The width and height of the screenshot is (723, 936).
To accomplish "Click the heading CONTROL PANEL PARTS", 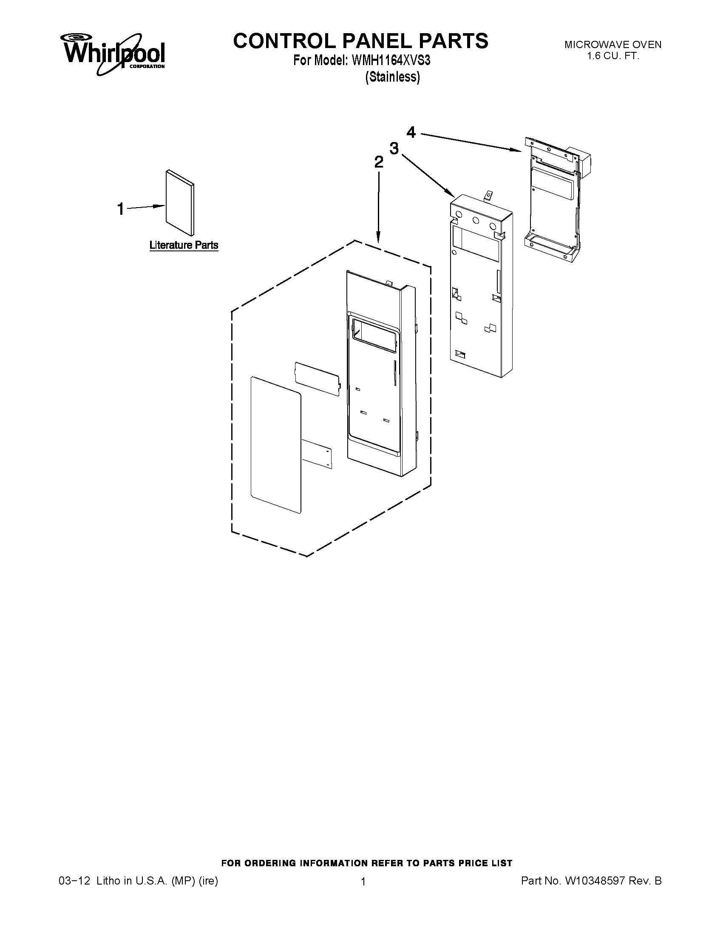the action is point(360,41).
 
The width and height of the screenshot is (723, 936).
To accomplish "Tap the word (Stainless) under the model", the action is point(392,77).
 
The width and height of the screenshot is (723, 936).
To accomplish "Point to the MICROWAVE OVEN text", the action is point(612,45).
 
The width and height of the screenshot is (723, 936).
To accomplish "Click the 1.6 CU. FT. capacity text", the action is point(612,56).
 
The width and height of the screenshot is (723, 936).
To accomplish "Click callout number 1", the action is point(121,209).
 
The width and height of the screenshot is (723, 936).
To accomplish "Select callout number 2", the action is point(379,162).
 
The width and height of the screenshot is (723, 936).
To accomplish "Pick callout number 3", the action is point(394,148).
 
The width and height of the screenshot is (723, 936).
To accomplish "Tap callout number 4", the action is point(411,132).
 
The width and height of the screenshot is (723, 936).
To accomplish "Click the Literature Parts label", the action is point(184,245).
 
